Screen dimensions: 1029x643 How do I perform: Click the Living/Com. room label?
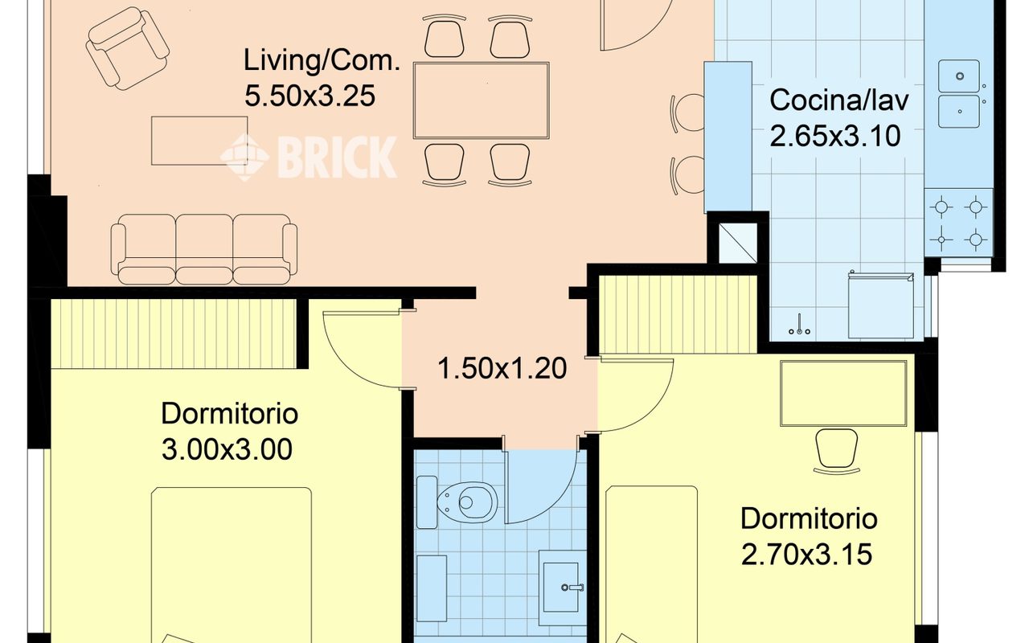[x=322, y=60]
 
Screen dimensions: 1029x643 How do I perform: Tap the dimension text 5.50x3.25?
[x=310, y=96]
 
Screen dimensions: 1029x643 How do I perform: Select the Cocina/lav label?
[x=838, y=100]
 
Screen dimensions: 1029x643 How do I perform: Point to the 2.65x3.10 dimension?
[x=834, y=137]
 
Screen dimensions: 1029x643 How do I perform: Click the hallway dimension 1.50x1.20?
[x=502, y=368]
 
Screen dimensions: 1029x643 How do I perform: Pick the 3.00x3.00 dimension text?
[x=227, y=449]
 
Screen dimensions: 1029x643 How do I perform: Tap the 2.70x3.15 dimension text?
[x=806, y=555]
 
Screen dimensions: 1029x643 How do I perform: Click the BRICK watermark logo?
[x=309, y=157]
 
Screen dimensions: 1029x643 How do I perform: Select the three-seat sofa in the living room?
[x=204, y=249]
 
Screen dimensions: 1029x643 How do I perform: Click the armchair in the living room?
[x=127, y=47]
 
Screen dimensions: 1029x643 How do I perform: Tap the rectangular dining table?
[x=481, y=100]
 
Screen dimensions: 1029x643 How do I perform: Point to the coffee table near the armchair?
[x=199, y=141]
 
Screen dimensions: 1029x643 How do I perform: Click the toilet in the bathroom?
[x=457, y=502]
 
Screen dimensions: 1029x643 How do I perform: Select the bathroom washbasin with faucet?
[x=561, y=588]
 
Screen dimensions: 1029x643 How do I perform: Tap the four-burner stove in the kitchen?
[x=958, y=223]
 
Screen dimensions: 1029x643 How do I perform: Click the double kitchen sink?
[x=959, y=94]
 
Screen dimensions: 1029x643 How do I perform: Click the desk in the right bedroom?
[x=843, y=393]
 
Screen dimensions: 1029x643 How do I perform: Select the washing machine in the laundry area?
[x=880, y=305]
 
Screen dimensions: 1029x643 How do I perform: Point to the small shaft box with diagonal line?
[x=738, y=243]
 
